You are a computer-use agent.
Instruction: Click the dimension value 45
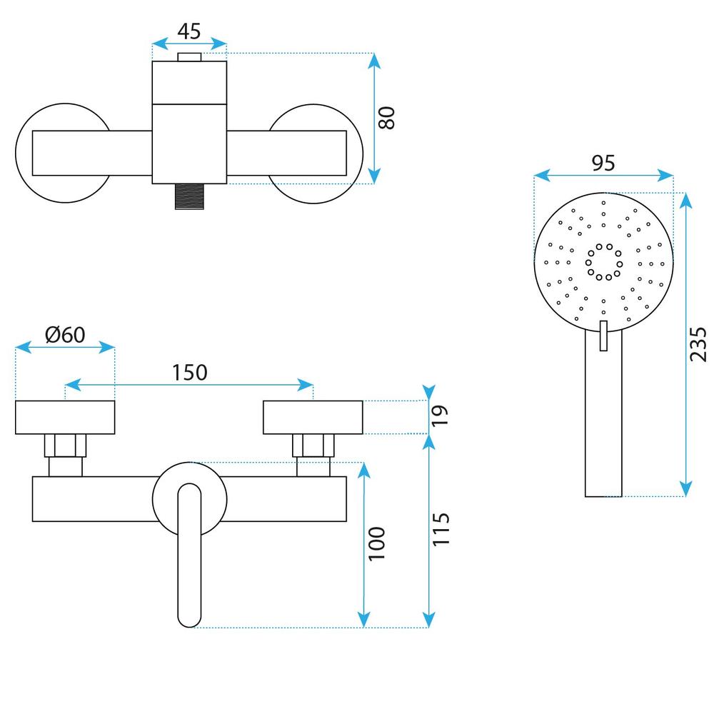(x=189, y=32)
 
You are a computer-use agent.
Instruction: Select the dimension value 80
(x=386, y=118)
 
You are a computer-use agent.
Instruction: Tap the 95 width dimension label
(x=603, y=163)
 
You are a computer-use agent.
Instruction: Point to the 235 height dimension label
(x=699, y=344)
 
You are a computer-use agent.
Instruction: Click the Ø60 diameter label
(x=64, y=334)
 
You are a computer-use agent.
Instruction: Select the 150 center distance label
(x=188, y=372)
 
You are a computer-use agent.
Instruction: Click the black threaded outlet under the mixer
(x=188, y=196)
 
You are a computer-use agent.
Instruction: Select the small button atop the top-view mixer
(x=189, y=57)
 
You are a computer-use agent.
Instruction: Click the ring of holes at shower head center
(x=603, y=261)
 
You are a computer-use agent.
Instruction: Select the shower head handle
(x=603, y=428)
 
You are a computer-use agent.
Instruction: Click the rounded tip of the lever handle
(x=188, y=614)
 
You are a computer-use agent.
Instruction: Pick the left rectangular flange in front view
(x=65, y=418)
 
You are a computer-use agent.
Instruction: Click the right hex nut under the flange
(x=314, y=446)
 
